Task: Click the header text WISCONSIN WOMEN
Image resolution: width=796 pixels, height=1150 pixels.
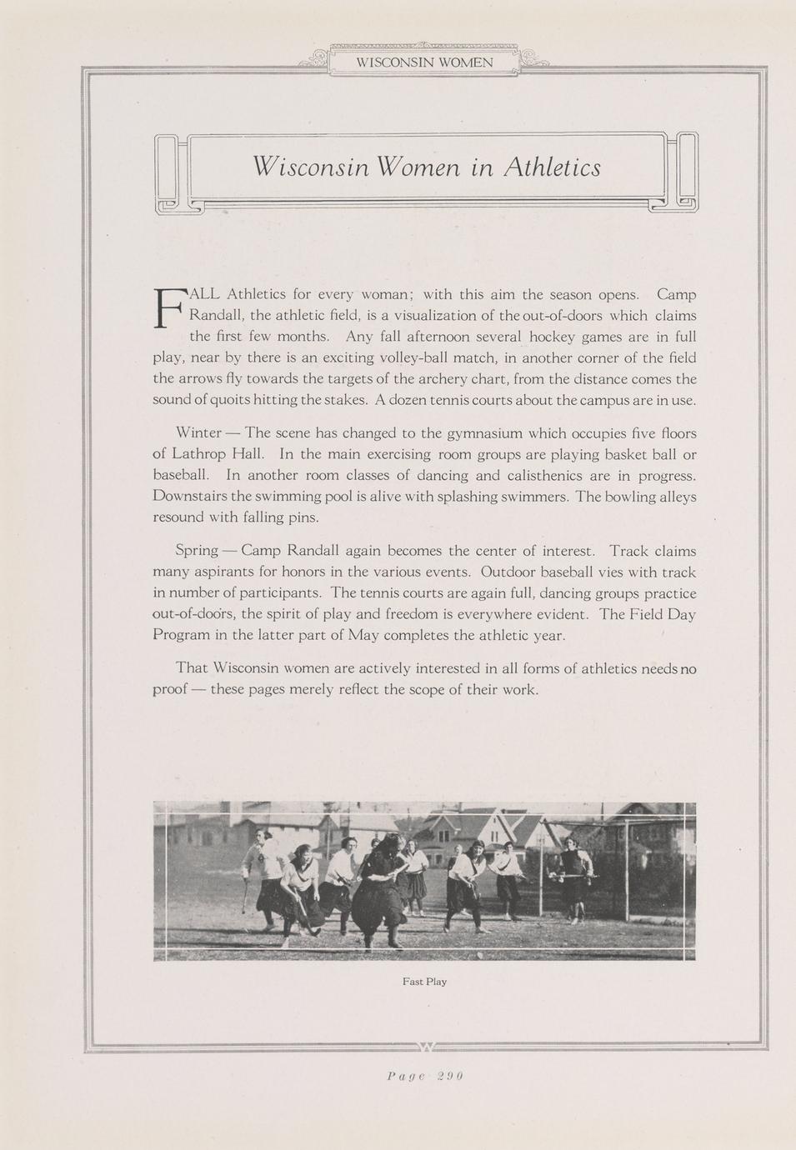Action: click(x=424, y=62)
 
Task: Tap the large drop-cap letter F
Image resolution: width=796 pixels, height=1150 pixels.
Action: click(x=168, y=307)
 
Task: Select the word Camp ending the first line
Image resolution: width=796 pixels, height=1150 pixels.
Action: click(x=676, y=294)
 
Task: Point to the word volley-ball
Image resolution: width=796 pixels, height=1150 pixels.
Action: click(x=413, y=357)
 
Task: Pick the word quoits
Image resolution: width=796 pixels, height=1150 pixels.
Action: click(x=214, y=400)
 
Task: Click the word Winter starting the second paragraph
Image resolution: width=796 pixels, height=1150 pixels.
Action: click(x=198, y=433)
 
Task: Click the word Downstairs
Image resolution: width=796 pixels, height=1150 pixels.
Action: click(x=190, y=497)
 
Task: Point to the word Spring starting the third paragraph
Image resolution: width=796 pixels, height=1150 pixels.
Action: click(x=197, y=551)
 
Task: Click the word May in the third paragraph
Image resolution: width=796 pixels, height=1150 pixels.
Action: click(x=364, y=635)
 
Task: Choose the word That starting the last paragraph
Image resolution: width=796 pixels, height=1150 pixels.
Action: click(x=192, y=668)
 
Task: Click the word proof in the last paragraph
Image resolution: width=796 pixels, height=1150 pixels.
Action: click(x=172, y=689)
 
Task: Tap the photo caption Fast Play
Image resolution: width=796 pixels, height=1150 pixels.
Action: click(x=424, y=982)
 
